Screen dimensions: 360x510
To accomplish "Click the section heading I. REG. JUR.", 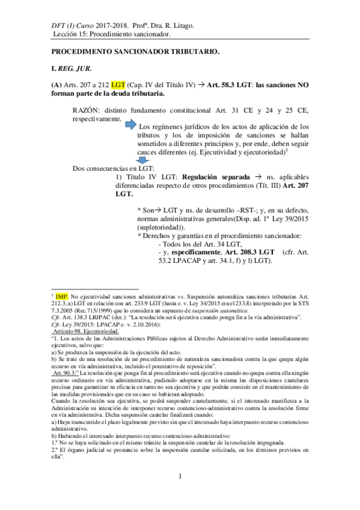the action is point(72,70).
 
